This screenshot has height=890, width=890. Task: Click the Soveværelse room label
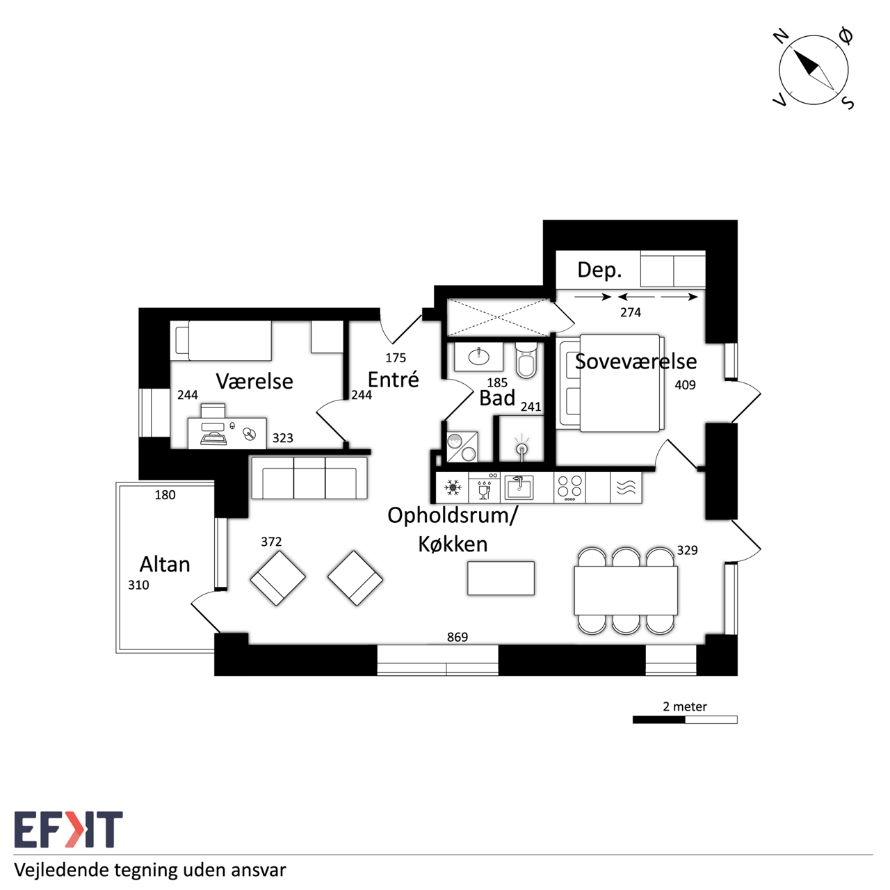(636, 362)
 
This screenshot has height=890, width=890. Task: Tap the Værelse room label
(254, 382)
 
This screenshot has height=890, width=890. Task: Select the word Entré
(393, 380)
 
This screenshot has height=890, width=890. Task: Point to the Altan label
(165, 565)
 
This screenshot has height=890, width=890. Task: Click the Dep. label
(599, 270)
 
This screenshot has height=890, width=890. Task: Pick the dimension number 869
(458, 638)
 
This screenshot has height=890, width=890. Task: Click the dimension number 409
(685, 385)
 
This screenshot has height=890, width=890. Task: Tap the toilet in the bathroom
(526, 359)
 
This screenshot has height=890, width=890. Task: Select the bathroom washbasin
(478, 357)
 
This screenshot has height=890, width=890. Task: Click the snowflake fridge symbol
(453, 487)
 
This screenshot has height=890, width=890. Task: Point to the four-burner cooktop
(569, 487)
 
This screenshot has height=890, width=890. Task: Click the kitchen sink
(518, 487)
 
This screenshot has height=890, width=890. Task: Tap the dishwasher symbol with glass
(484, 487)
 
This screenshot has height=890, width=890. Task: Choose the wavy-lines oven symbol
(626, 487)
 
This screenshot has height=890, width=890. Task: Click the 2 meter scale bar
(685, 720)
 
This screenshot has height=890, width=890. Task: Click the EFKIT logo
(68, 830)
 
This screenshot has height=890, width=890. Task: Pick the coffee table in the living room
(501, 578)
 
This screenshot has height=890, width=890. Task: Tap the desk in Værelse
(227, 433)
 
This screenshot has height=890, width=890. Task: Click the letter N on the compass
(781, 35)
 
